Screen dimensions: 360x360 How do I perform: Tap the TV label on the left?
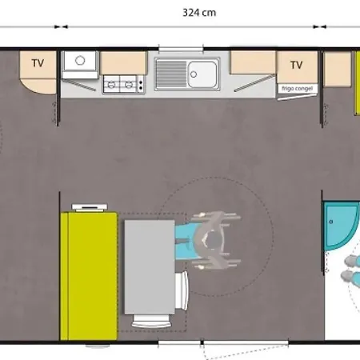[x=38, y=63]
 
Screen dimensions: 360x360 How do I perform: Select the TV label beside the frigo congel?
[x=297, y=65]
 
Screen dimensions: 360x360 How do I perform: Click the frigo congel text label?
[x=298, y=88]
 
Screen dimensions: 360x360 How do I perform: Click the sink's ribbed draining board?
[x=170, y=74]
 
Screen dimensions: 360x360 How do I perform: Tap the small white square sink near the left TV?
[x=80, y=62]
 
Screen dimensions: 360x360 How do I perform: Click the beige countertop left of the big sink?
[x=124, y=63]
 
